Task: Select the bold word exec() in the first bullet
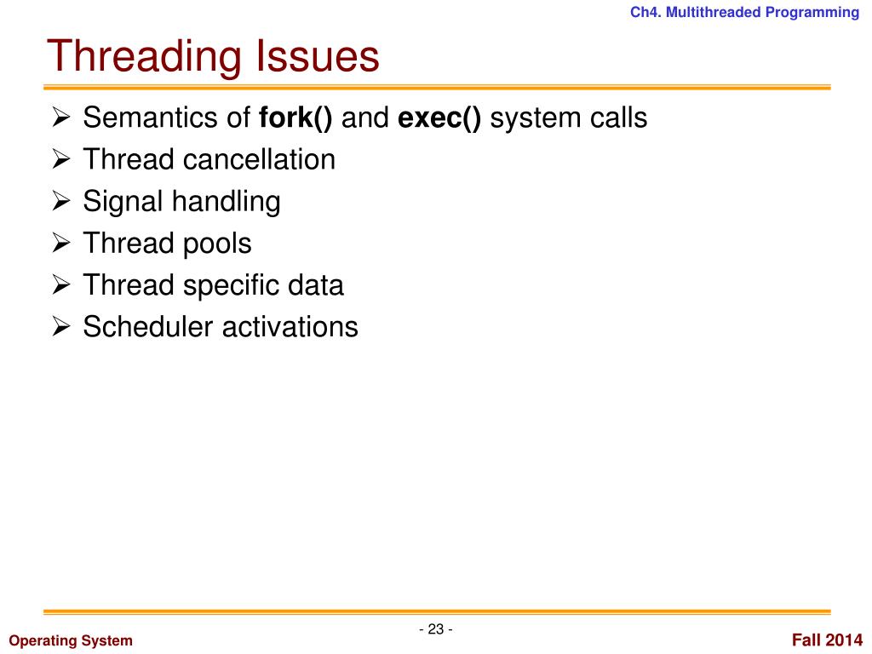coord(439,118)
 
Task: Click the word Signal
coord(123,202)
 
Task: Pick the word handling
coord(226,202)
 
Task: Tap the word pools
coord(217,244)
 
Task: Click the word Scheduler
coord(148,327)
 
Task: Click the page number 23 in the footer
coord(436,629)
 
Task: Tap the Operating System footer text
coord(71,640)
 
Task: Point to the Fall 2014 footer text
coord(827,640)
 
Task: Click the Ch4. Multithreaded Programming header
coord(744,12)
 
